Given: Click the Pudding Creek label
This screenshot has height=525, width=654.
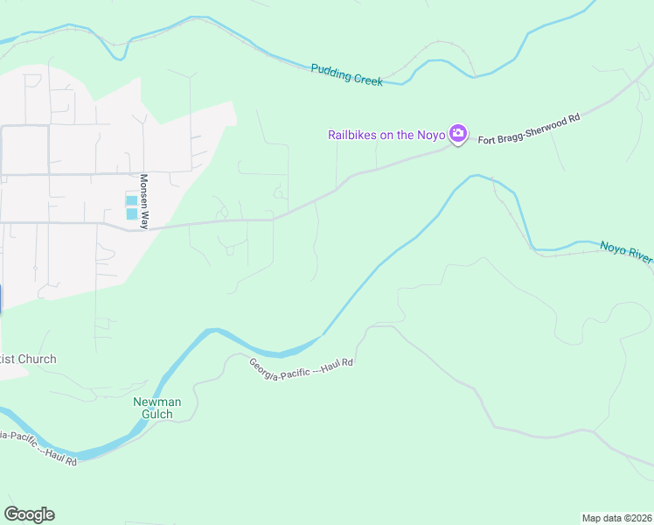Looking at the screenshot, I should (347, 73).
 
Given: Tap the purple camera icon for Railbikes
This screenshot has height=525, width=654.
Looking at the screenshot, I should (457, 134).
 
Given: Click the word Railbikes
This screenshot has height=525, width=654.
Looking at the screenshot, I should (355, 135).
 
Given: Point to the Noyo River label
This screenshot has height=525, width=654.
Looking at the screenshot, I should (626, 252).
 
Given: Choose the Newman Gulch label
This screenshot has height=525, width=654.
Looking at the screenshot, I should (157, 408).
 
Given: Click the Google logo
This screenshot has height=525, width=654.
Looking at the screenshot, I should (29, 514).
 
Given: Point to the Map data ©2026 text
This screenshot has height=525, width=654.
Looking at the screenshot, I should (616, 518).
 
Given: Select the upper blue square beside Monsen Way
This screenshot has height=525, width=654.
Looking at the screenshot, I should (131, 200).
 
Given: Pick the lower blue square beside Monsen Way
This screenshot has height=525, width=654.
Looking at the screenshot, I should (131, 213).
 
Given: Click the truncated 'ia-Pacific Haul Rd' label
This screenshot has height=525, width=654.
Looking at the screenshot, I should (38, 447).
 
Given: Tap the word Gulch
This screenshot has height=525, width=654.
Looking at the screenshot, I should (157, 414).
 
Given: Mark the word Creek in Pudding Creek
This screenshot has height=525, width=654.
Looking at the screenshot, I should (367, 78).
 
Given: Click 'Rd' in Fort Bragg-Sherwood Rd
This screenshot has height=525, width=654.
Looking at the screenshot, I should (573, 116).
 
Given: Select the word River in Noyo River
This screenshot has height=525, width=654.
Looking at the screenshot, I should (639, 255).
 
